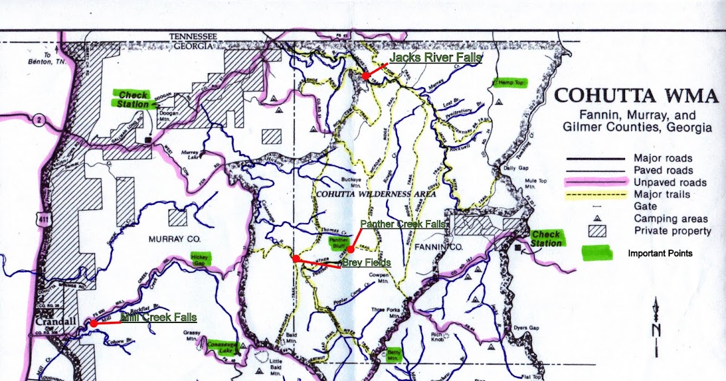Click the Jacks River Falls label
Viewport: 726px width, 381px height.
coord(435,58)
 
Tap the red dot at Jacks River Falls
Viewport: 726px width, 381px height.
coord(366,76)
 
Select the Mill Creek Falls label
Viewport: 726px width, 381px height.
coord(159,317)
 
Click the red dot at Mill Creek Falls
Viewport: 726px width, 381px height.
coord(94,324)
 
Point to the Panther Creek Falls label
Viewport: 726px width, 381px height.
coord(403,224)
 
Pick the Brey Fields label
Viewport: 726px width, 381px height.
coord(367,262)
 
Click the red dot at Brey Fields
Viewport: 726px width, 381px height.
coord(296,258)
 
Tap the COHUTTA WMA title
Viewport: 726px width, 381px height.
coord(636,96)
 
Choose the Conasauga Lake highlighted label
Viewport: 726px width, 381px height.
coord(221,345)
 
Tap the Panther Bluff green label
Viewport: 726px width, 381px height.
coord(339,243)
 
